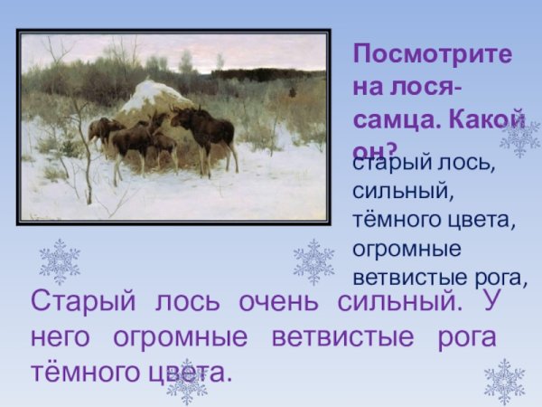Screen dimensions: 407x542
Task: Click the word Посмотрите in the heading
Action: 432,53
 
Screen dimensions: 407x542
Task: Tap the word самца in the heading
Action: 388,117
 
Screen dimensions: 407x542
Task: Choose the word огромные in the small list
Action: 406,247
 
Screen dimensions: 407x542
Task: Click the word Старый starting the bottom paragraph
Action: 78,301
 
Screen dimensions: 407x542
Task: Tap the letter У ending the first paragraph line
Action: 491,301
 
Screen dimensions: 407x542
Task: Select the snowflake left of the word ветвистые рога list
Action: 313,261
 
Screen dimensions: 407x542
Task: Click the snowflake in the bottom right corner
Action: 504,381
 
